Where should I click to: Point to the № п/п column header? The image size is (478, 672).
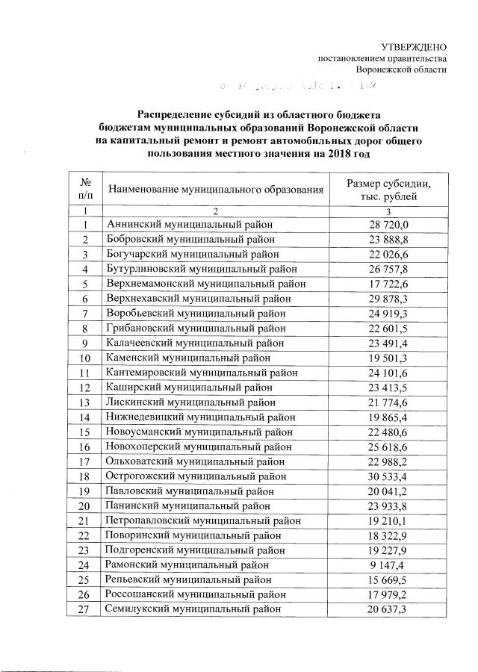(x=86, y=190)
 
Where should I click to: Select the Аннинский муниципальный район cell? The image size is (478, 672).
(x=190, y=225)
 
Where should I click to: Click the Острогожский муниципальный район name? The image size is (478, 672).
(x=196, y=476)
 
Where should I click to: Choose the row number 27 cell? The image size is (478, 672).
(x=86, y=610)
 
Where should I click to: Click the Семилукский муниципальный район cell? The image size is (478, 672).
(x=195, y=610)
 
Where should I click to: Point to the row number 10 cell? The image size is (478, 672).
(x=86, y=358)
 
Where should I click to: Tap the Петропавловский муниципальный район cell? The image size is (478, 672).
(x=204, y=520)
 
